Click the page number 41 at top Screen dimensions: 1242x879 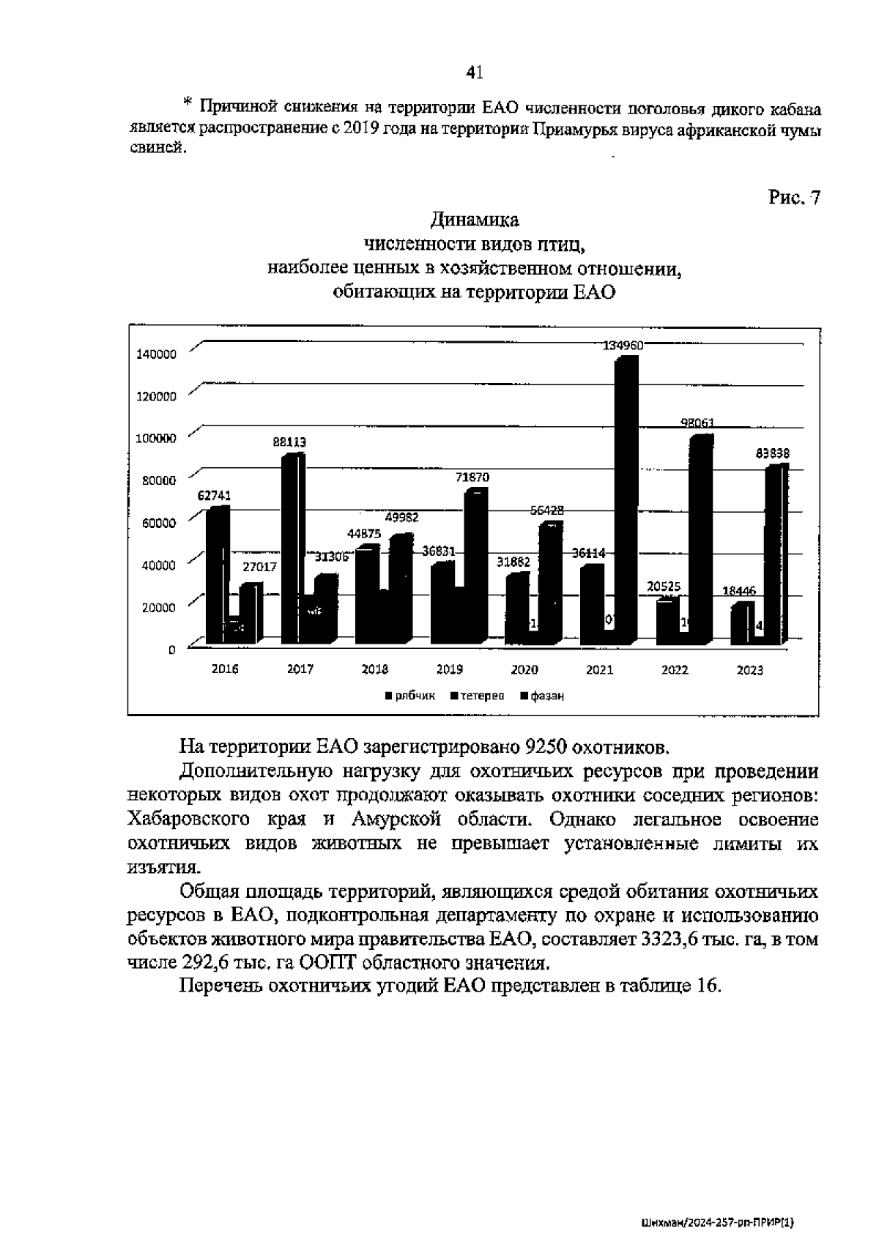[x=474, y=72]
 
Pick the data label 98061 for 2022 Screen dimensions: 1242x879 [x=697, y=423]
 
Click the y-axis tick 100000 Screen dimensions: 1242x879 [x=157, y=438]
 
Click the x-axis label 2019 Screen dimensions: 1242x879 [x=449, y=669]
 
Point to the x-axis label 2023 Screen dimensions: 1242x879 [x=749, y=669]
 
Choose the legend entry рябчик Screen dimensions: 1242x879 [x=415, y=696]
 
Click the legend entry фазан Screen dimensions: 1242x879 [x=546, y=696]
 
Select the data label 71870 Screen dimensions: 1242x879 [x=472, y=477]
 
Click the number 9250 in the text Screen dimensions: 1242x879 [x=546, y=747]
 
